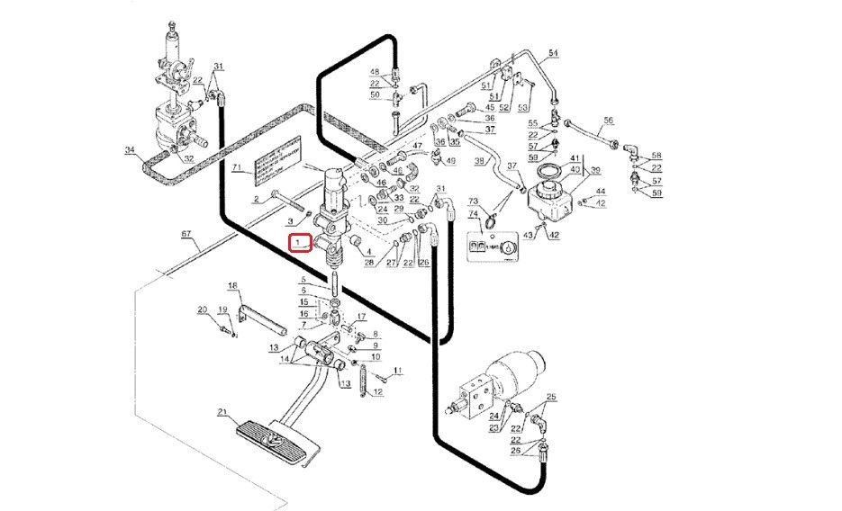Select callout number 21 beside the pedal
222,413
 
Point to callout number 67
186,234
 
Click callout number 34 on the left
130,150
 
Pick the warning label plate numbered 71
276,163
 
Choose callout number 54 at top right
553,54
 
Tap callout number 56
608,120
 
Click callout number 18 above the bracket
231,286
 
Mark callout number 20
203,309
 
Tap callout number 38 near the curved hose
480,162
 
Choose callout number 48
376,71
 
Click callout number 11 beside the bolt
397,371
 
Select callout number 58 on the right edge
656,155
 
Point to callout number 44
601,191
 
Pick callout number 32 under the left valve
188,158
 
